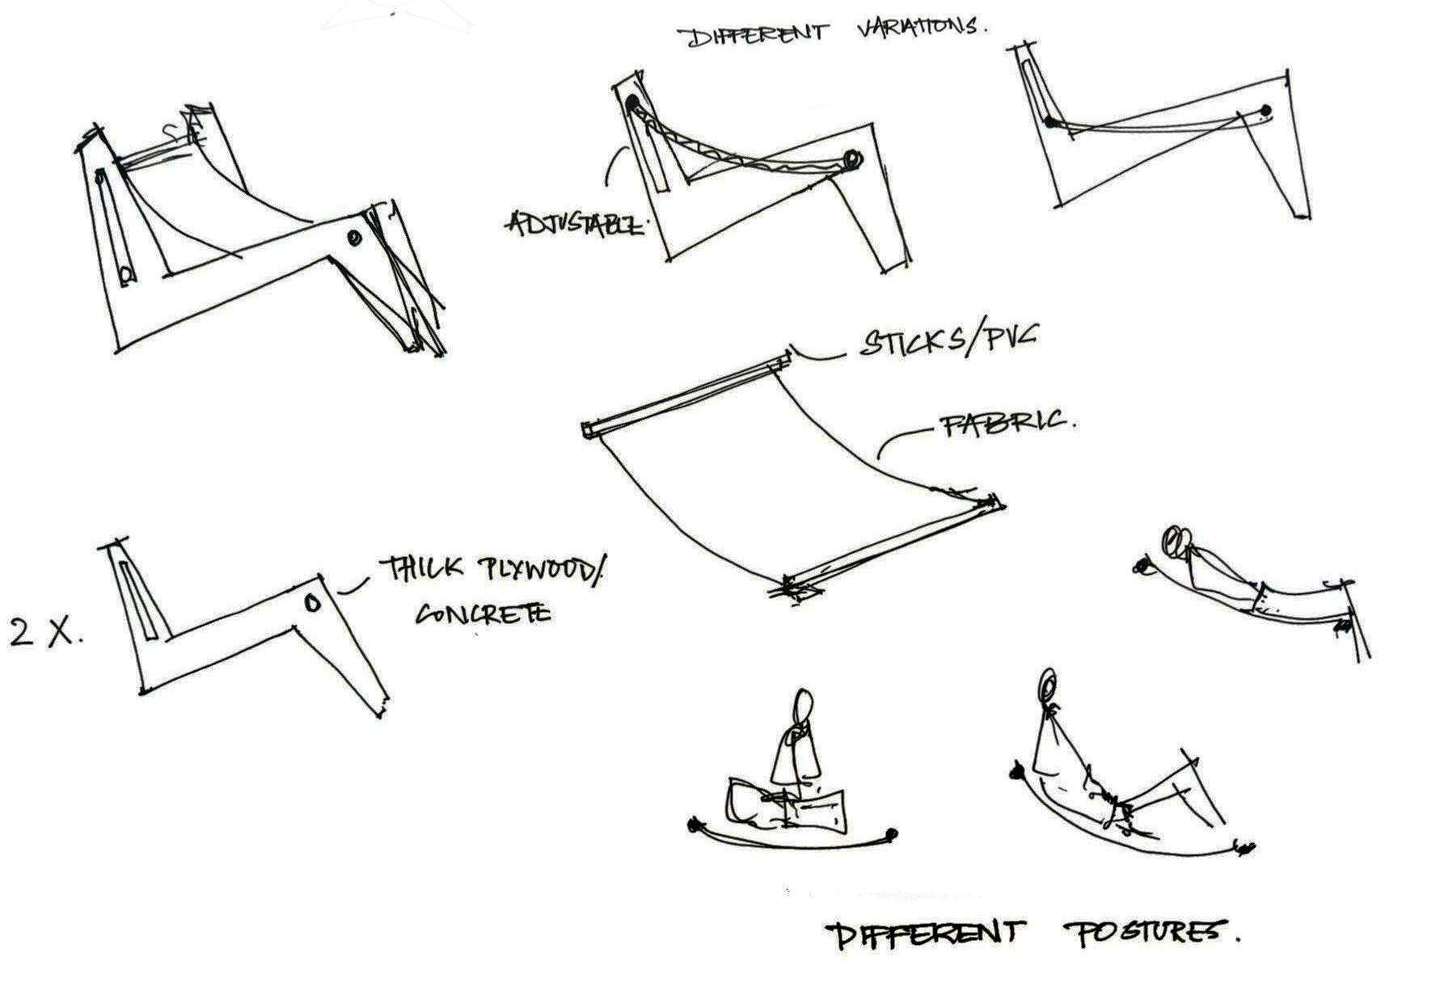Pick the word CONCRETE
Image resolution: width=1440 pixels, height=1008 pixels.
click(483, 614)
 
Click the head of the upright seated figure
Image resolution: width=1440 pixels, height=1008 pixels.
click(803, 709)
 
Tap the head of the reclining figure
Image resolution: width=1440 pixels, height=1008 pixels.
click(1049, 686)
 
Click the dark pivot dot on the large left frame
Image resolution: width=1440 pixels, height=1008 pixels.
click(354, 238)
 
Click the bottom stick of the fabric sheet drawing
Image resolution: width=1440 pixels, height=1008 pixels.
click(893, 546)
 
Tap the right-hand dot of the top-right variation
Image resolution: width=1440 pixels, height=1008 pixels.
click(1265, 110)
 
